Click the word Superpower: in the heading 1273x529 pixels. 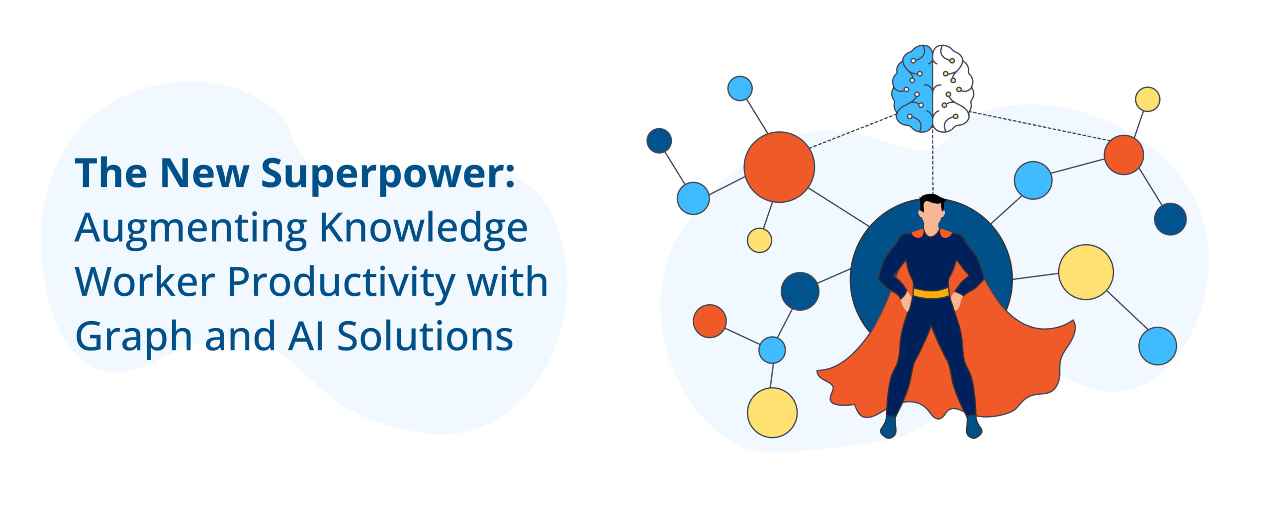[x=388, y=174]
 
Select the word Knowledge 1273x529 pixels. [x=423, y=228]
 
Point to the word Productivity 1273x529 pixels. [x=341, y=282]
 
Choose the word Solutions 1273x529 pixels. [x=425, y=336]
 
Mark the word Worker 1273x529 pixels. [x=145, y=282]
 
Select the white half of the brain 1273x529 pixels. [x=951, y=88]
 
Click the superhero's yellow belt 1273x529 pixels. [x=931, y=293]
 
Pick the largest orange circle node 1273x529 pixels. [x=779, y=167]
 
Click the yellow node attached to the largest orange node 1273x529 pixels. [x=759, y=240]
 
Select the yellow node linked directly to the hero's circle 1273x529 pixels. [x=1086, y=272]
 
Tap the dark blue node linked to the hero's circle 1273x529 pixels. [x=800, y=291]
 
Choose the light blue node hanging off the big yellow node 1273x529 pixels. [x=1158, y=346]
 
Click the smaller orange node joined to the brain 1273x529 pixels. [x=1123, y=155]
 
